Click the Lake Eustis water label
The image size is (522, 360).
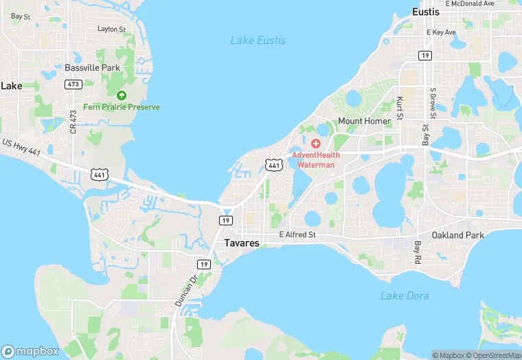coord(258,41)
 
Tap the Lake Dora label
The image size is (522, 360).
coord(405,295)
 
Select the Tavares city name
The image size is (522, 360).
coord(242,243)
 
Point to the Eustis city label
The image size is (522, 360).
coord(425,12)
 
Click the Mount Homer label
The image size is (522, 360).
coord(364,121)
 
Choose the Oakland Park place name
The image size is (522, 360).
coord(457,235)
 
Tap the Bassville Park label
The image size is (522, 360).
coord(92,68)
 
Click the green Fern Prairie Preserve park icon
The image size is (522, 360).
coord(122,95)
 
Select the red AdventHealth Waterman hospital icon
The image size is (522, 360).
coord(316,143)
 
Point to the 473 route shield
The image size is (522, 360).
coord(73,84)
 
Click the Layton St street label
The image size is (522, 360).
coord(112,29)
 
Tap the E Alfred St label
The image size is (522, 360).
coord(297,235)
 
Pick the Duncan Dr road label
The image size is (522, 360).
coord(179,293)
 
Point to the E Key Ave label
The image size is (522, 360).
coord(441,32)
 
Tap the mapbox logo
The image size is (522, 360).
coord(31,351)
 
